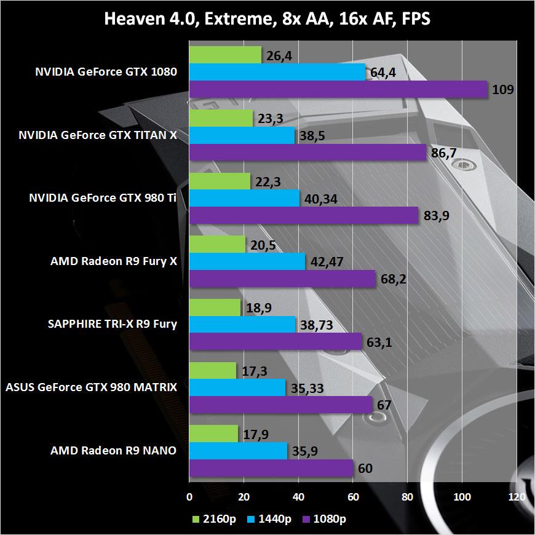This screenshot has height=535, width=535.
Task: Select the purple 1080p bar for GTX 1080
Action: click(338, 89)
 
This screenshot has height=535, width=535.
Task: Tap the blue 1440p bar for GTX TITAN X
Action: click(242, 136)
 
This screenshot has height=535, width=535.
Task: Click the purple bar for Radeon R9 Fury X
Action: click(282, 279)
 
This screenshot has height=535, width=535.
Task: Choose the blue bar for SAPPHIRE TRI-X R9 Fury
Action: click(242, 325)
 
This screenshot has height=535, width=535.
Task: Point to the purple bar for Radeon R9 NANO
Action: click(271, 468)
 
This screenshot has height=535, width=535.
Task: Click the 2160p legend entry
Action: click(212, 519)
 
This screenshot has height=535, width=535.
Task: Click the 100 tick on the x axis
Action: click(462, 496)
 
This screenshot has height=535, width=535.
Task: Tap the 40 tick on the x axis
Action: click(298, 496)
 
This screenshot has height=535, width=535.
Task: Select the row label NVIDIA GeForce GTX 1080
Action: click(106, 72)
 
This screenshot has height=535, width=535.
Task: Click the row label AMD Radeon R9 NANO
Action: click(113, 451)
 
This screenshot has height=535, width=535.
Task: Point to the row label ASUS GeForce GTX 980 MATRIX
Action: click(91, 387)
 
